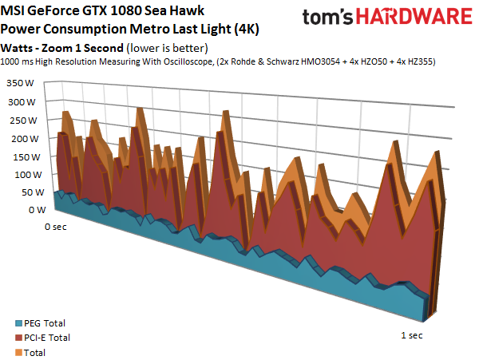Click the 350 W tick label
[20, 83]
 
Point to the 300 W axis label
[22, 102]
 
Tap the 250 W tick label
[23, 121]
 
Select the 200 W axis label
[25, 139]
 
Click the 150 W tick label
[26, 157]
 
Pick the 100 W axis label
[28, 175]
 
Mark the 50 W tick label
[33, 192]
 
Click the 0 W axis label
[38, 210]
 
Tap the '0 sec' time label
[56, 227]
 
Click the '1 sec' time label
[412, 335]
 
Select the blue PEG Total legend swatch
[18, 323]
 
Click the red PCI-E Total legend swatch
[18, 338]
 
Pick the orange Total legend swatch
[18, 353]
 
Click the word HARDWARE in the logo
[414, 17]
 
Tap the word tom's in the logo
[328, 17]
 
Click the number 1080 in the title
[125, 10]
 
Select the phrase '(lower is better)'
[167, 48]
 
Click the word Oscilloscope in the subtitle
[188, 61]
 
